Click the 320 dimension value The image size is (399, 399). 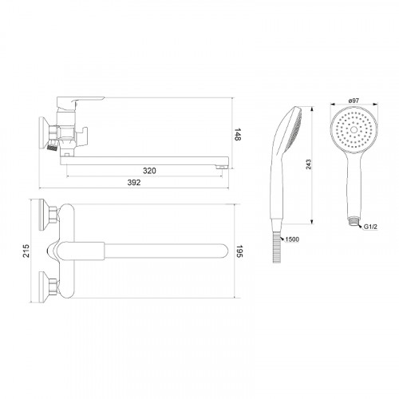149,171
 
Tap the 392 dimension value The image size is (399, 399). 134,183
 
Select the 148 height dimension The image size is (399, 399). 237,134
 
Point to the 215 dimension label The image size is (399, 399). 26,251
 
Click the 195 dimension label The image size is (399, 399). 239,251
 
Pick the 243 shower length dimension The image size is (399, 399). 308,164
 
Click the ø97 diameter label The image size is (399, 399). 354,101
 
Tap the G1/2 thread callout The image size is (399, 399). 370,227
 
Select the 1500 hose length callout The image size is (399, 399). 292,239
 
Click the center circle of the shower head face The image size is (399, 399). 354,130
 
